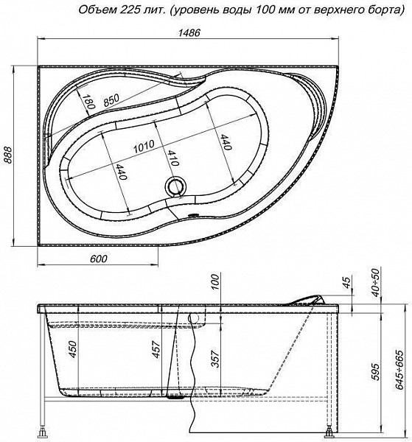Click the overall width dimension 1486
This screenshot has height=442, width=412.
pos(189,32)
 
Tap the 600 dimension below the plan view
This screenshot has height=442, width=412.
pos(99,259)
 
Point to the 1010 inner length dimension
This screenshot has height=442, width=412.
pos(144,147)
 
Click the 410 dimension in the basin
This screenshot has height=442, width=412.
pos(172,158)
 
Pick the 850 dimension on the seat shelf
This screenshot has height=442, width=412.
pos(111,99)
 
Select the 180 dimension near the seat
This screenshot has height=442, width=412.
pos(88,102)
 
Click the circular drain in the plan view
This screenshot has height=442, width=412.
pos(175,186)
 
